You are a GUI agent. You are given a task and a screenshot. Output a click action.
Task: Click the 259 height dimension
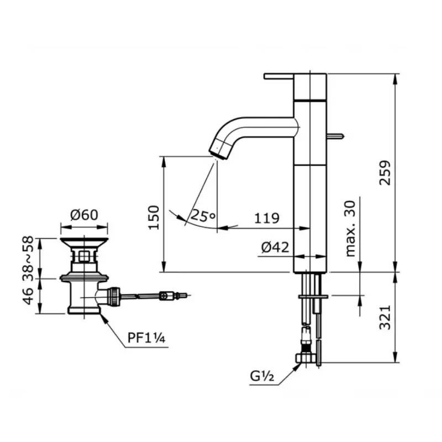tap(385, 173)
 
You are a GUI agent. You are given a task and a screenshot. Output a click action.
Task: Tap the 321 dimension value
tap(385, 317)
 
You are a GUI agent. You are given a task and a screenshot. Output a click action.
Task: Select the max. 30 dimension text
tap(350, 229)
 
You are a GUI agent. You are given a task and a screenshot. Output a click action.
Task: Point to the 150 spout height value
tap(154, 218)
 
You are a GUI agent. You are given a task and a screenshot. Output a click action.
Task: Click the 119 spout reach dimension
tap(267, 218)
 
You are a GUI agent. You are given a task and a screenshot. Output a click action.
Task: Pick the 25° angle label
tap(203, 216)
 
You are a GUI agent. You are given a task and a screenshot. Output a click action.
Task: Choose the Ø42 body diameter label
tap(275, 248)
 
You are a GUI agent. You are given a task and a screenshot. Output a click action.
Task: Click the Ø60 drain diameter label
tap(85, 215)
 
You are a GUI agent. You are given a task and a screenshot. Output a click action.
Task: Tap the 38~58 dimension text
tap(28, 259)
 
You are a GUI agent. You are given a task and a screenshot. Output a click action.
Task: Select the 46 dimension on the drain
tap(28, 296)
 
